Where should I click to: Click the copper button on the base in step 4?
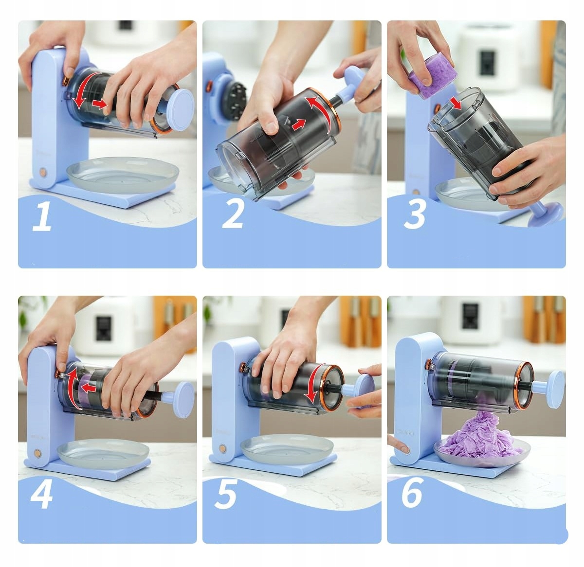pos(38,453)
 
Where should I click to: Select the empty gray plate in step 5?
pos(287,450)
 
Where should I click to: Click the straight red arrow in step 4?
pos(89,389)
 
